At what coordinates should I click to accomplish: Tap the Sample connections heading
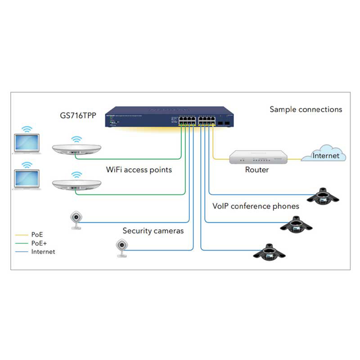(x=306, y=109)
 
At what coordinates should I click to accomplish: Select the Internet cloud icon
(x=324, y=154)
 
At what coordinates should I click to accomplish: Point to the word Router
(x=257, y=170)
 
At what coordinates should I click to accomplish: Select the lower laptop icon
(x=27, y=179)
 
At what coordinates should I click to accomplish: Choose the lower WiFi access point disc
(x=76, y=185)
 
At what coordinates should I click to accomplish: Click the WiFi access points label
(x=139, y=170)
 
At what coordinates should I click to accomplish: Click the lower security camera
(x=121, y=248)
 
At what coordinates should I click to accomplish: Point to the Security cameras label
(x=153, y=231)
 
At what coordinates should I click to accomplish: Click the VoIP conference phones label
(x=256, y=207)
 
